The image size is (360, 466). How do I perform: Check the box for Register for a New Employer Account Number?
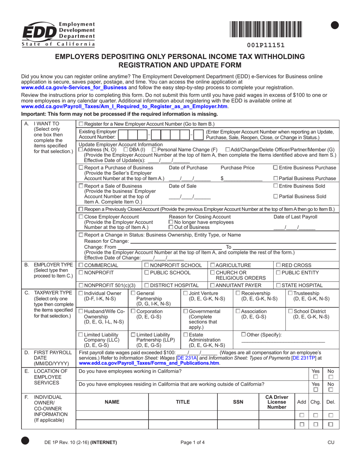(x=81, y=124)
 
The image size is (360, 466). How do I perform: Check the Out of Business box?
(x=171, y=227)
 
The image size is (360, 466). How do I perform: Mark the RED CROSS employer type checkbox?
(x=279, y=265)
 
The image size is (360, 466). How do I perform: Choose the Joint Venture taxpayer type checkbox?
(x=185, y=294)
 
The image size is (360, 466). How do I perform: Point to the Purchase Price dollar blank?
(x=243, y=178)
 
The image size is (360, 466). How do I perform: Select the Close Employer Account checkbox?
(x=81, y=217)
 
